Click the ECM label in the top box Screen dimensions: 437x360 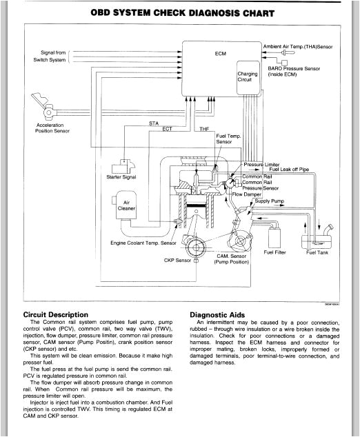pos(221,52)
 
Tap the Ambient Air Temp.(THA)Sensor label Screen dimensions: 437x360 pos(298,46)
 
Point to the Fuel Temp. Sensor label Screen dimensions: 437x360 pos(228,139)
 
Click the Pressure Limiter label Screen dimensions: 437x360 pos(261,165)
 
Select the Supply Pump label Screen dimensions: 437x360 pos(269,201)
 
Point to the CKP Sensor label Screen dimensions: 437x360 pos(177,261)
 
